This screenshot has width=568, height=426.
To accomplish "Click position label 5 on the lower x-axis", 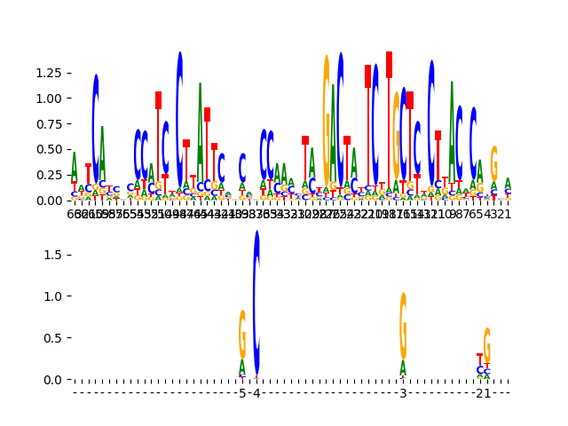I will coord(242,393).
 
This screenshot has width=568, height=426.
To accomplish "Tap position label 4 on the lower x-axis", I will coord(256,393).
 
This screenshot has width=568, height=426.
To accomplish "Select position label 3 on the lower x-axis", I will coord(403,393).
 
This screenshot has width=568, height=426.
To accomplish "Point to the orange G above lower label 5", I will coord(242,333).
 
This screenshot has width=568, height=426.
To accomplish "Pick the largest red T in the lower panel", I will coord(480,359).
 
